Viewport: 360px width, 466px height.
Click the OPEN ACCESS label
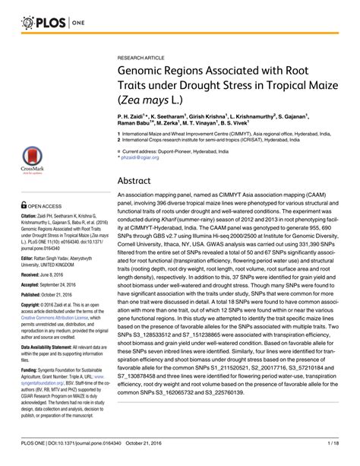point(36,204)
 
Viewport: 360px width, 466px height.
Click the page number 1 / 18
point(340,455)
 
